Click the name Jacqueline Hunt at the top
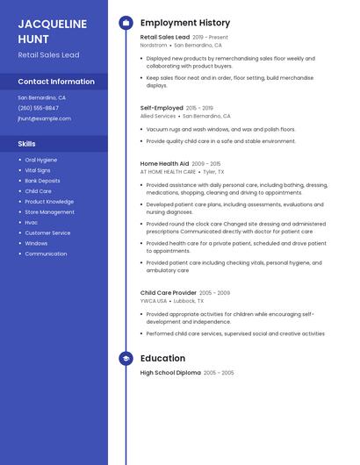52,31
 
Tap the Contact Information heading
56,82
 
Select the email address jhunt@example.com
44,118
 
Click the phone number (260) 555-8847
39,108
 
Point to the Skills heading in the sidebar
27,143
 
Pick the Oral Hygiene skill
41,160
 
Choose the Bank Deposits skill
43,181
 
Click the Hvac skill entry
32,222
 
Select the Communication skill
46,254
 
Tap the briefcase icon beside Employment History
126,22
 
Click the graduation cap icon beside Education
126,358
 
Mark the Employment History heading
185,22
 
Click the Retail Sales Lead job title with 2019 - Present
165,37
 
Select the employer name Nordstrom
154,45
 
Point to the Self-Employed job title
162,107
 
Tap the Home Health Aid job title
164,163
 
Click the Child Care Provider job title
169,292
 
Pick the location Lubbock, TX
188,300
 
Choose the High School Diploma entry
170,373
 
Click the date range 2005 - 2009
215,292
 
